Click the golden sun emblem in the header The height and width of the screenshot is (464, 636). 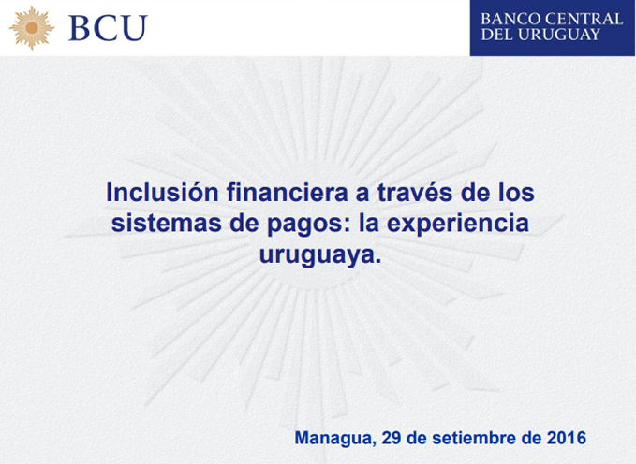click(x=32, y=28)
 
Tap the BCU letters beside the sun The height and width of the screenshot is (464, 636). click(x=108, y=28)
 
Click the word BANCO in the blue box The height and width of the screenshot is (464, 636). click(x=510, y=19)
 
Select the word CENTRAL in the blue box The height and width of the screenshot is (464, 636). click(x=584, y=19)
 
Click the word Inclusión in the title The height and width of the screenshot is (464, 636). click(x=163, y=192)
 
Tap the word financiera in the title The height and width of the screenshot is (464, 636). click(x=288, y=192)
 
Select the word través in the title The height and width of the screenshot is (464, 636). click(x=415, y=193)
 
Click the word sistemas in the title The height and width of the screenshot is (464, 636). click(x=167, y=224)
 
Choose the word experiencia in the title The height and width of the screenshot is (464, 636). click(x=458, y=225)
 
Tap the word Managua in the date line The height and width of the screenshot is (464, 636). click(x=333, y=439)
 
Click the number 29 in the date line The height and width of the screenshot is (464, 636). click(x=391, y=438)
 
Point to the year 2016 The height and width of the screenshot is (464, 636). click(x=567, y=438)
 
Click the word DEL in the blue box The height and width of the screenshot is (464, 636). click(x=496, y=35)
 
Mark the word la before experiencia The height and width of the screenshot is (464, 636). click(x=369, y=224)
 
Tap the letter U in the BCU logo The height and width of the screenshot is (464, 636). click(x=134, y=28)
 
